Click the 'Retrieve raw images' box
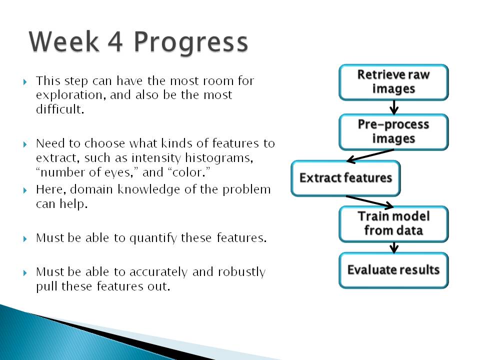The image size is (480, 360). pyautogui.click(x=393, y=82)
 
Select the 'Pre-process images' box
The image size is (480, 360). pyautogui.click(x=393, y=132)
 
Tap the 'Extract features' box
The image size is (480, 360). pyautogui.click(x=345, y=178)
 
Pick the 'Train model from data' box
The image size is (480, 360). pyautogui.click(x=393, y=224)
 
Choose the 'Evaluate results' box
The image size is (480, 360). pyautogui.click(x=393, y=270)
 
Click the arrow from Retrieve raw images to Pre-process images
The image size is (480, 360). pyautogui.click(x=394, y=107)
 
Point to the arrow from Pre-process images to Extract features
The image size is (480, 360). pyautogui.click(x=370, y=155)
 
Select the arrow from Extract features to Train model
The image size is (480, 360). pyautogui.click(x=370, y=201)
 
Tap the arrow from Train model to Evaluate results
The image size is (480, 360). pyautogui.click(x=394, y=247)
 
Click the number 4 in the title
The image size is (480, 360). pyautogui.click(x=115, y=42)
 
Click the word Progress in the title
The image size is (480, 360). pyautogui.click(x=190, y=43)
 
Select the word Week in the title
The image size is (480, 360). pyautogui.click(x=63, y=41)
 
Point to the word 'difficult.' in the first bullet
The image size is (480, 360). pyautogui.click(x=60, y=108)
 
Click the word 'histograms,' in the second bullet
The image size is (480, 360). pyautogui.click(x=219, y=158)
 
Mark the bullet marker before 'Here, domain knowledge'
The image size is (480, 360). pyautogui.click(x=25, y=190)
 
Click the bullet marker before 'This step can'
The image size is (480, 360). pyautogui.click(x=25, y=81)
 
